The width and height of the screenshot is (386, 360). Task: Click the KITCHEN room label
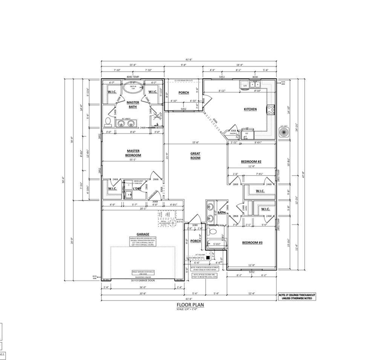(x=250, y=109)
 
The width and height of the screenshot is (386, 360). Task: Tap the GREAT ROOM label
(x=195, y=155)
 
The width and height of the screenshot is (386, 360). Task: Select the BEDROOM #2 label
(x=251, y=162)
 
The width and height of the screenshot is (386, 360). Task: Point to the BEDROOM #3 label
(x=252, y=242)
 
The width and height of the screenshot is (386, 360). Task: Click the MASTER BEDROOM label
(x=133, y=153)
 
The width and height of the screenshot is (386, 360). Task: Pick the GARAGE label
(x=143, y=234)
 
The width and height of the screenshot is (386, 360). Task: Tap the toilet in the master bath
(x=108, y=122)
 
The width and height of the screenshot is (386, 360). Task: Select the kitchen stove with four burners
(x=271, y=109)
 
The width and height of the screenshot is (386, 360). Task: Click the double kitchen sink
(x=255, y=85)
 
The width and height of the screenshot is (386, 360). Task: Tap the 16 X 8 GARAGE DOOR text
(x=143, y=281)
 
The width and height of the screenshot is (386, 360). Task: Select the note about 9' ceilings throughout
(x=297, y=296)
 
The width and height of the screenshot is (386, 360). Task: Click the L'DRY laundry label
(x=137, y=188)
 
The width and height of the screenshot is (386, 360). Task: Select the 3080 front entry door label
(x=195, y=225)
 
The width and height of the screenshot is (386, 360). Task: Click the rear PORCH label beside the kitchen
(x=184, y=92)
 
